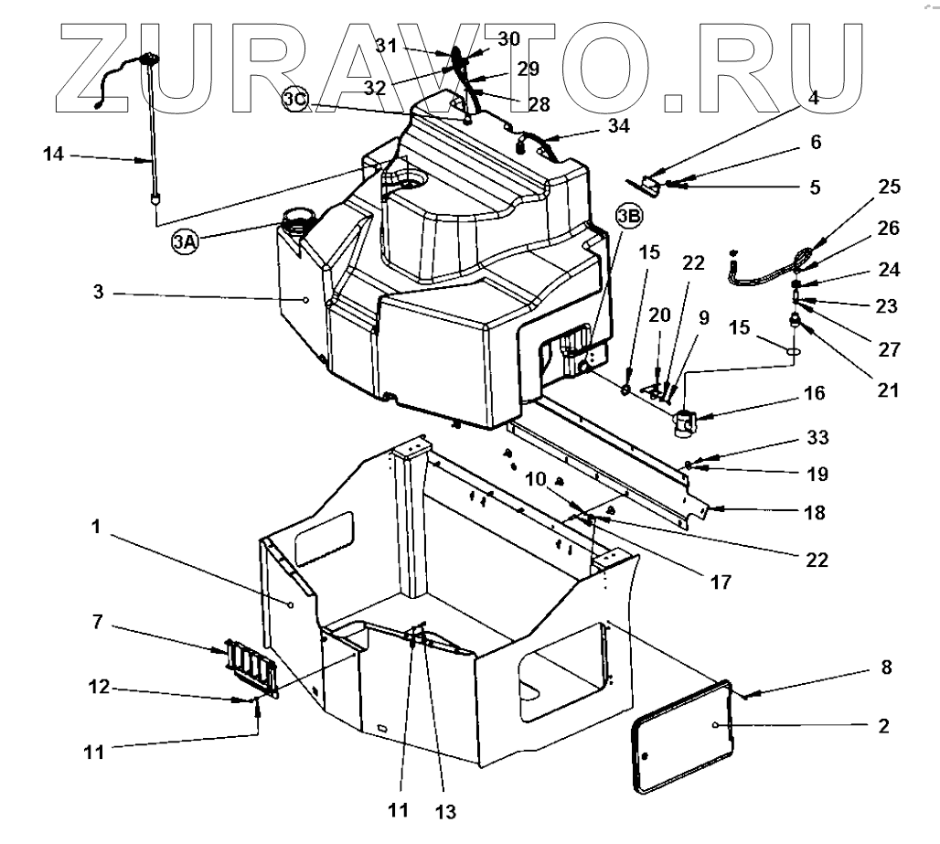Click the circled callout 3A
click(x=185, y=241)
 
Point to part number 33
click(x=817, y=438)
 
